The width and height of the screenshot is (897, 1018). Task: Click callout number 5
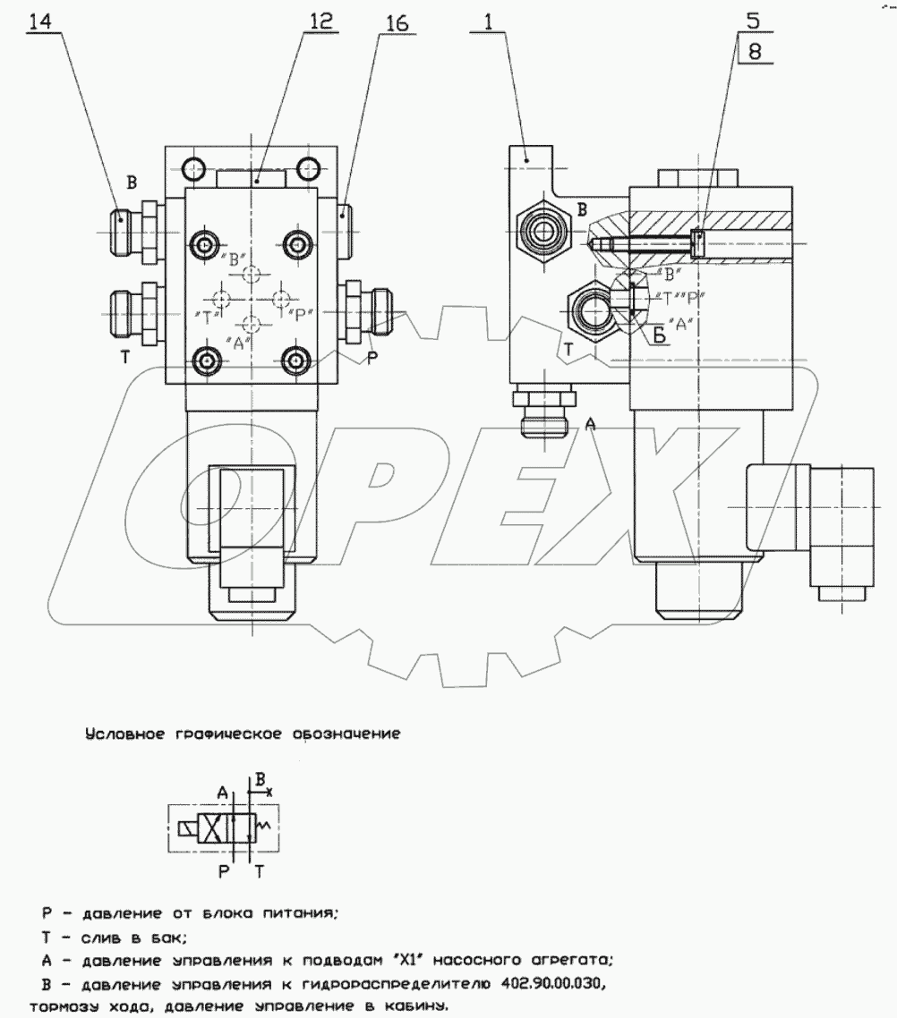click(x=755, y=21)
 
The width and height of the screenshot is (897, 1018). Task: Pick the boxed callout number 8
click(x=755, y=52)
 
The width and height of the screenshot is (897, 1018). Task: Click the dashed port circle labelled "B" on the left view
click(x=253, y=274)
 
